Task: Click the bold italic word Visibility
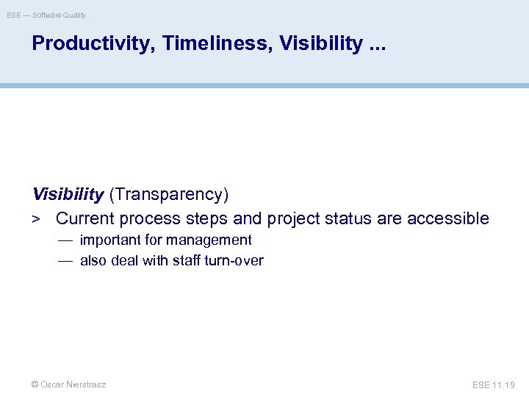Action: point(68,195)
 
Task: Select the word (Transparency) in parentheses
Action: point(169,195)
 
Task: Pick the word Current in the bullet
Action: point(85,218)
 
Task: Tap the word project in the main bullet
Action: point(294,219)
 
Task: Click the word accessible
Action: point(447,218)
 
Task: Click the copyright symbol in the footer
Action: point(35,385)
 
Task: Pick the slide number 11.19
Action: point(506,385)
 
